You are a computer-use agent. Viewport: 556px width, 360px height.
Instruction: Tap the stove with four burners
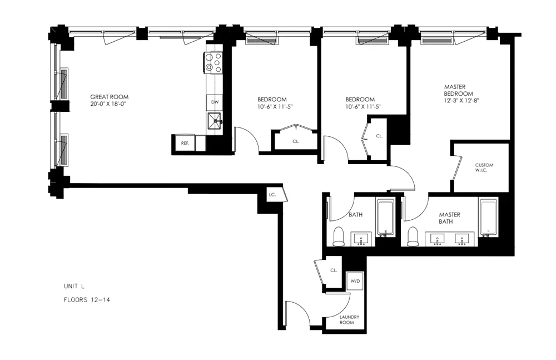(x=214, y=62)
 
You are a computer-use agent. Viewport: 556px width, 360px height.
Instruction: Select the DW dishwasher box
(x=214, y=102)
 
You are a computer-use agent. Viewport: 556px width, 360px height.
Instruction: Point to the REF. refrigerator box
(x=185, y=143)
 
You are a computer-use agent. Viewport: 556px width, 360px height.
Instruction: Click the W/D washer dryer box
(x=355, y=281)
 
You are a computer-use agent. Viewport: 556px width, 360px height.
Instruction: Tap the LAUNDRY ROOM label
(x=350, y=320)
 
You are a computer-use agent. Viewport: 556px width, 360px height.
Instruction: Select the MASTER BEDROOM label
(x=459, y=90)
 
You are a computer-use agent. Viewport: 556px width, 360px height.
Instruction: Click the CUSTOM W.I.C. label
(x=484, y=167)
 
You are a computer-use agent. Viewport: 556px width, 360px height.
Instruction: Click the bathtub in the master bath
(x=488, y=217)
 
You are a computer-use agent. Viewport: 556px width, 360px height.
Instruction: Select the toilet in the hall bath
(x=339, y=236)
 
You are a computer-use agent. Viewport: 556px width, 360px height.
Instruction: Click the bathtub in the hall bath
(x=385, y=217)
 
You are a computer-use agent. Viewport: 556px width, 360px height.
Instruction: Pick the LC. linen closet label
(x=272, y=195)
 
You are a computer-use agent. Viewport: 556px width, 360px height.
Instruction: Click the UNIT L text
(x=74, y=287)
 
